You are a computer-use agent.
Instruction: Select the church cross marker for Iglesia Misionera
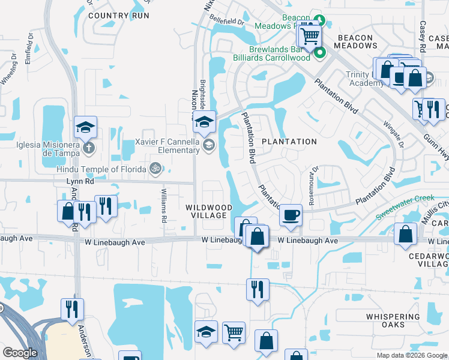pyautogui.click(x=88, y=146)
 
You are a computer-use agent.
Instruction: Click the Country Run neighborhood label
pyautogui.click(x=118, y=16)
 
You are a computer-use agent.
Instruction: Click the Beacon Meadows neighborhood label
pyautogui.click(x=355, y=42)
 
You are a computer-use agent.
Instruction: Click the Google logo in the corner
pyautogui.click(x=20, y=353)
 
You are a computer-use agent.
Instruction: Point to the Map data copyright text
pyautogui.click(x=412, y=355)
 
